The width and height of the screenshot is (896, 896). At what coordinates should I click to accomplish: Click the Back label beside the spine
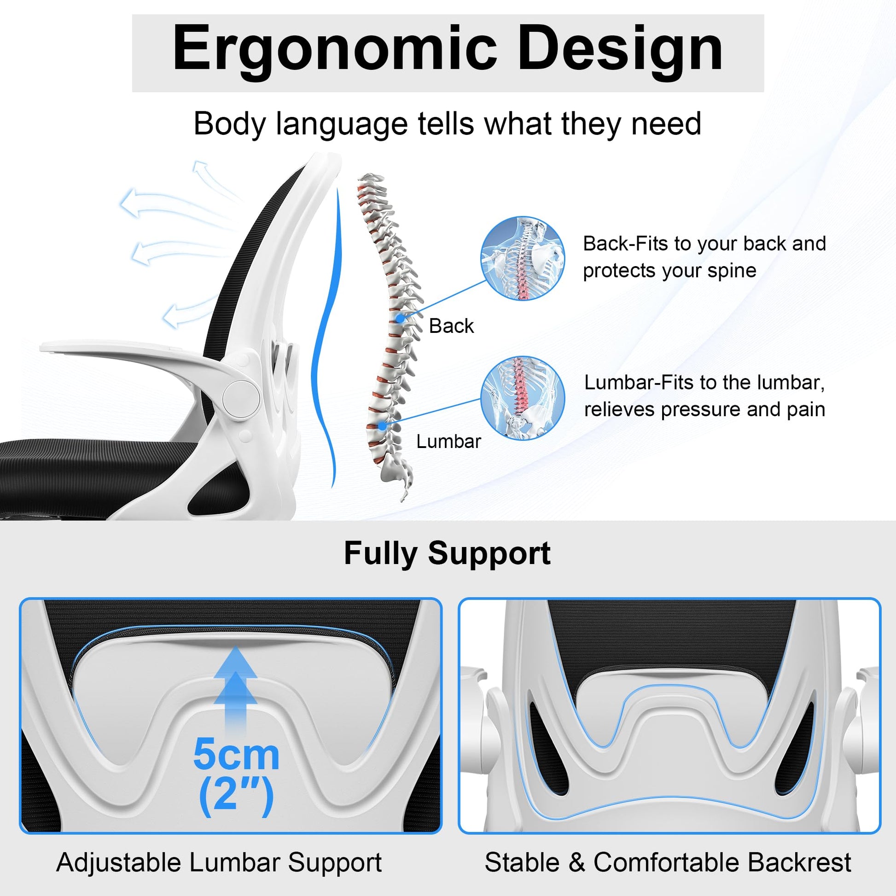[451, 326]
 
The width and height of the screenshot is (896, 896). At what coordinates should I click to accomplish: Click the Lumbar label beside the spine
[448, 442]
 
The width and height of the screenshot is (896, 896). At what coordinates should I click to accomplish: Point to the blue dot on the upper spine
[400, 319]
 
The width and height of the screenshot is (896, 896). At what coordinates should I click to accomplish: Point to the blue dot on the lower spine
[382, 425]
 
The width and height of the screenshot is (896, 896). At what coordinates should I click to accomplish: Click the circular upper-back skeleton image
[523, 258]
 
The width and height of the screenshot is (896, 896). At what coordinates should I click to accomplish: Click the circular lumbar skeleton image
[523, 398]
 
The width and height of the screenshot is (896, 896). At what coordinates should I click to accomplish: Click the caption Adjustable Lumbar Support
[219, 862]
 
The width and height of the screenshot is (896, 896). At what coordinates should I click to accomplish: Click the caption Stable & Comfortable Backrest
[668, 862]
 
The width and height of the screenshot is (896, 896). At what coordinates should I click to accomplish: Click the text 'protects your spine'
[669, 271]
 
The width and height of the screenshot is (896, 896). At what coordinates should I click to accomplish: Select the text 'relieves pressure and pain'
[704, 409]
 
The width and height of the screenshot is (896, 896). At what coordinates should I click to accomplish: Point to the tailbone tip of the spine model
[402, 499]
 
